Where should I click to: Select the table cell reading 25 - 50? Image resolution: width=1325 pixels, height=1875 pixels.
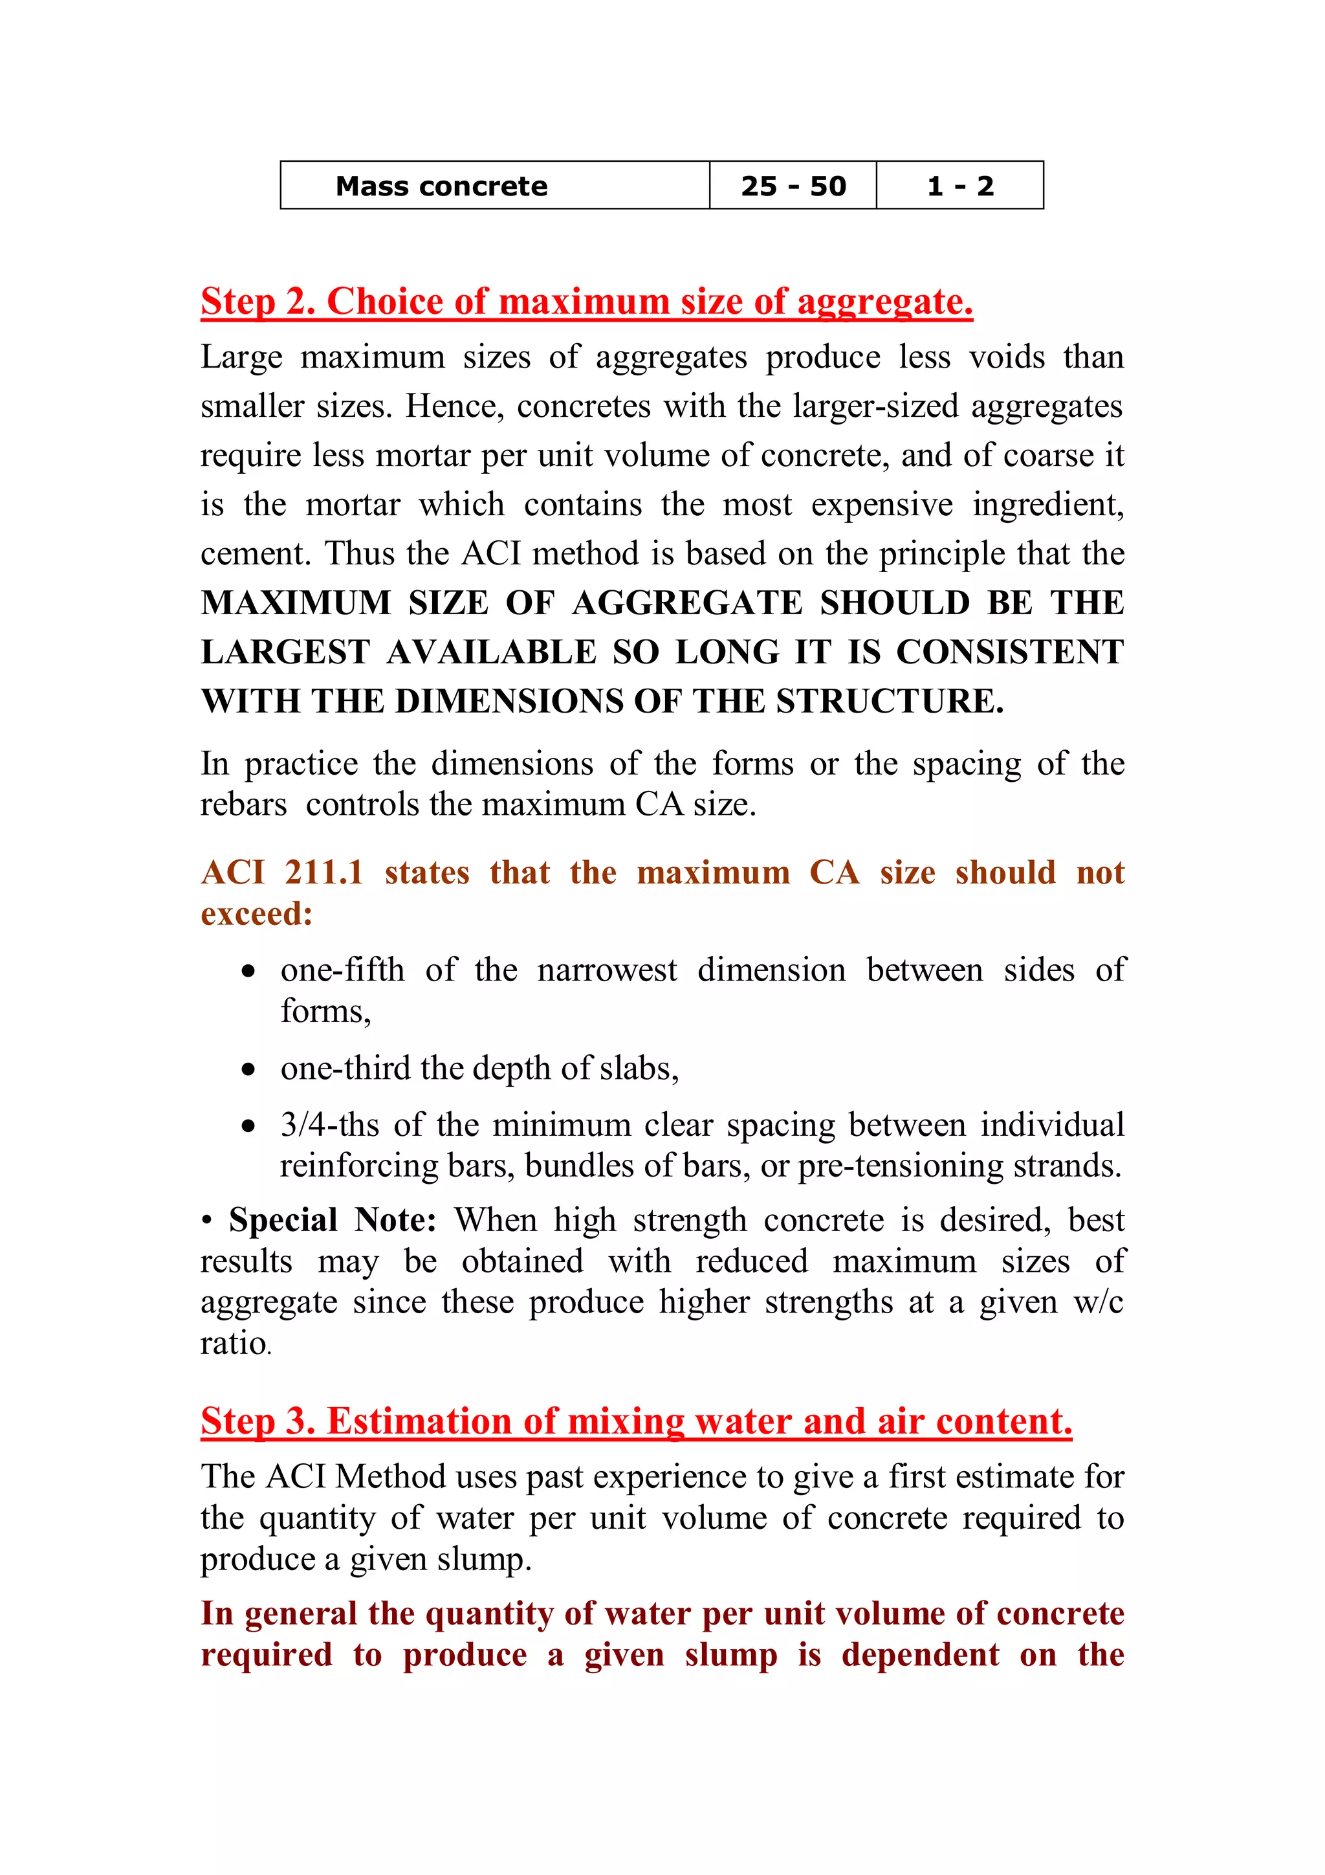pyautogui.click(x=793, y=186)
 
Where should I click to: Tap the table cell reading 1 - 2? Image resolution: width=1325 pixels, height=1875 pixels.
pyautogui.click(x=959, y=186)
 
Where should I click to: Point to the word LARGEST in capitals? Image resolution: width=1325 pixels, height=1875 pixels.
pyautogui.click(x=285, y=652)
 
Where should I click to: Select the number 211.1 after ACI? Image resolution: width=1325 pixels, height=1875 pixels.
pyautogui.click(x=323, y=873)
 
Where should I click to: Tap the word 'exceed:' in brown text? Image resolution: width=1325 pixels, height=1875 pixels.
pyautogui.click(x=256, y=914)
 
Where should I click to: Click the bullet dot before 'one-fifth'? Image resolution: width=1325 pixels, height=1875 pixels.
pyautogui.click(x=248, y=971)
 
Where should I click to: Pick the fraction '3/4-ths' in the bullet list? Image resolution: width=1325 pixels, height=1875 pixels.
pyautogui.click(x=330, y=1126)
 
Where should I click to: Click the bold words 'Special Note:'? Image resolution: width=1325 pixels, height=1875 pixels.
pyautogui.click(x=333, y=1221)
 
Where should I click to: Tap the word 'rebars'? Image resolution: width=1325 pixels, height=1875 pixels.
pyautogui.click(x=243, y=805)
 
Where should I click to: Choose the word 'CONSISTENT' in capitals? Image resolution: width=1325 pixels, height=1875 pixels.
pyautogui.click(x=1010, y=652)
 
